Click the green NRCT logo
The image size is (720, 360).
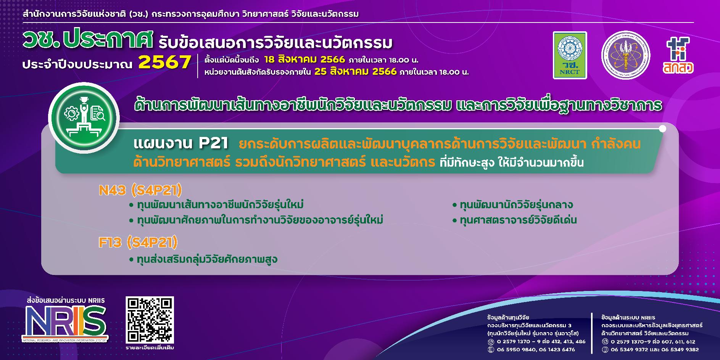click(x=570, y=55)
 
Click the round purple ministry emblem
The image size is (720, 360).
click(x=625, y=55)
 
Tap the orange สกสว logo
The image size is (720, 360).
click(x=678, y=55)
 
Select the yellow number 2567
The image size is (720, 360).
click(x=165, y=62)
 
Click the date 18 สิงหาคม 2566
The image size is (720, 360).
click(x=304, y=60)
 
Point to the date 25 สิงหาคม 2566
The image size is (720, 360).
click(x=355, y=72)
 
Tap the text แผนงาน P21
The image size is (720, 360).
click(x=181, y=144)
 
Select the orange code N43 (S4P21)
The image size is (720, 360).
click(x=140, y=190)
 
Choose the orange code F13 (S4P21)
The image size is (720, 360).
click(x=138, y=242)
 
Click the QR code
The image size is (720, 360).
click(x=150, y=320)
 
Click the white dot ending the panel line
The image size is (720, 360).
click(x=662, y=129)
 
